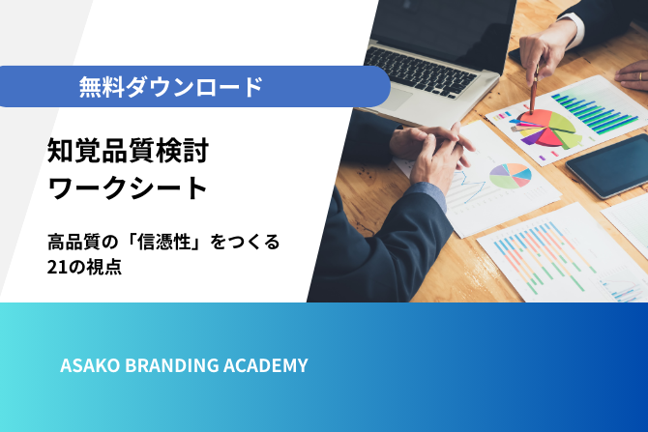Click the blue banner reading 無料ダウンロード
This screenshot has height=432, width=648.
coord(194,86)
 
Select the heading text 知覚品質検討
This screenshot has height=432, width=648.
coord(128,151)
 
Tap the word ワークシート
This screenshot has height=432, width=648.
coord(128,188)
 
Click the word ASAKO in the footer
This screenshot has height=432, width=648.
coord(90,365)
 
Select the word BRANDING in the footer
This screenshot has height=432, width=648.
coord(172,365)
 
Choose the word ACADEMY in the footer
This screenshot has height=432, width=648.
coord(266,365)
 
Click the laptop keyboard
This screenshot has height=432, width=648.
coord(421,72)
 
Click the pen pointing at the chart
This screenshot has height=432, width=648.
coord(534,88)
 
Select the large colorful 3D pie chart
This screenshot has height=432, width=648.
coord(545,128)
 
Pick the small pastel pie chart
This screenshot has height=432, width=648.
coord(511,176)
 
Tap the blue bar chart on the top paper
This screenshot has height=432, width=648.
coord(595,110)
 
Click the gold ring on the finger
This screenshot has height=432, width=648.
coord(640,76)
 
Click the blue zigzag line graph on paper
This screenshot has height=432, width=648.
coord(470,186)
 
